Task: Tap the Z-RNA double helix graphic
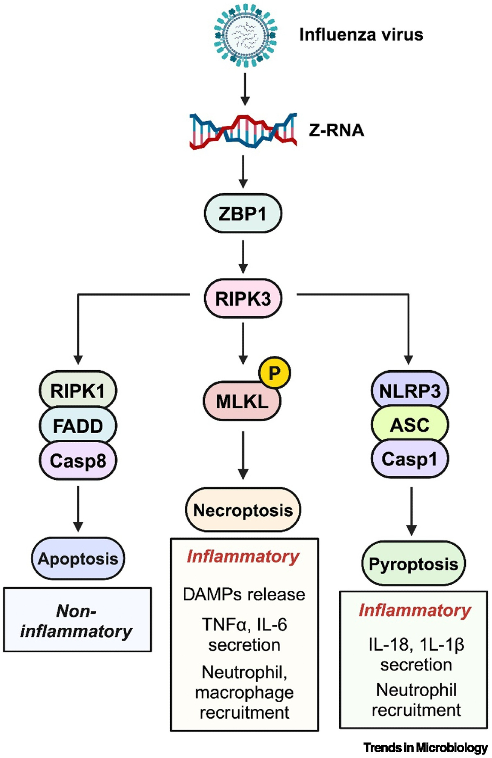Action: [243, 131]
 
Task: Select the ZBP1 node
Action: [243, 213]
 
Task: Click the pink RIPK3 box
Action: [243, 298]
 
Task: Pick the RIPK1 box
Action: [78, 390]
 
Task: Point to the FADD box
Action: [78, 426]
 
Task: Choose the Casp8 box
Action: [78, 461]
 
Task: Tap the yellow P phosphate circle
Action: [274, 373]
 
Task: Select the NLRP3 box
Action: [410, 390]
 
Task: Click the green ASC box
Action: [410, 424]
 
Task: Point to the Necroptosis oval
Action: [243, 510]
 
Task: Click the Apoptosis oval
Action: [78, 559]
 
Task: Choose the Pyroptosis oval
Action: [413, 564]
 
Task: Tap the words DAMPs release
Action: [244, 594]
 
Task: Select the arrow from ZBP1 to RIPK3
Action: [243, 257]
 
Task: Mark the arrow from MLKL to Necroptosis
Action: [243, 455]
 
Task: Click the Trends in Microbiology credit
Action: [425, 747]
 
